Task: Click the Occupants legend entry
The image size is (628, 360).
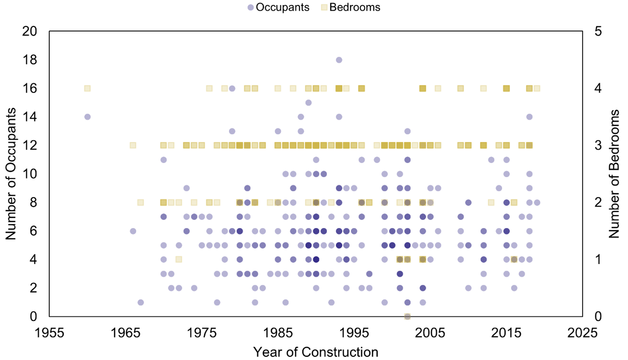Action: tap(278, 7)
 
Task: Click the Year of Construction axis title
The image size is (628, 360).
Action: tap(315, 352)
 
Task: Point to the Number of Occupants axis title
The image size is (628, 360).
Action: tap(11, 174)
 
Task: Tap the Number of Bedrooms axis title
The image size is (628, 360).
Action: tap(615, 174)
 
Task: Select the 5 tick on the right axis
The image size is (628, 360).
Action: tap(597, 31)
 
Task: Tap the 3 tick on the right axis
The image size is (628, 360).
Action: tap(597, 146)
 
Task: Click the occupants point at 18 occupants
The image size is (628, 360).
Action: tap(339, 60)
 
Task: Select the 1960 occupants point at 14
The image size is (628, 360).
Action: tap(87, 117)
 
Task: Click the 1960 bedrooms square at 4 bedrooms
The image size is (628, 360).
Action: tap(87, 88)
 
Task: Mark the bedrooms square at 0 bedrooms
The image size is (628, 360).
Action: tap(407, 316)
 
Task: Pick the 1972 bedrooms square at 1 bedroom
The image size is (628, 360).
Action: tap(178, 259)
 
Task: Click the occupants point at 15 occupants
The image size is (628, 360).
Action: tap(308, 103)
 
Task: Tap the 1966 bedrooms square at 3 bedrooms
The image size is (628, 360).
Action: tap(133, 146)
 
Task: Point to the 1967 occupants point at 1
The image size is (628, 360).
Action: tap(141, 302)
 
